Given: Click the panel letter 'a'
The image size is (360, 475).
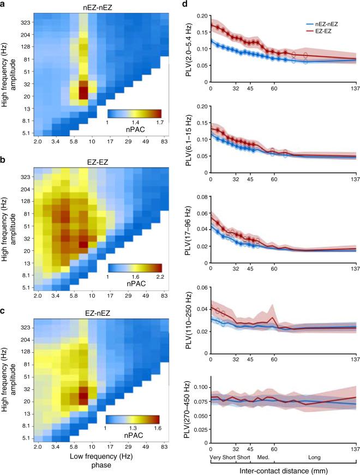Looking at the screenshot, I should click(x=4, y=4).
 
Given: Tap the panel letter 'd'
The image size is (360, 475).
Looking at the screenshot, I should click(x=185, y=4).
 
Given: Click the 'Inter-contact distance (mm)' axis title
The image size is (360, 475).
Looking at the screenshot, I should click(x=282, y=468).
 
